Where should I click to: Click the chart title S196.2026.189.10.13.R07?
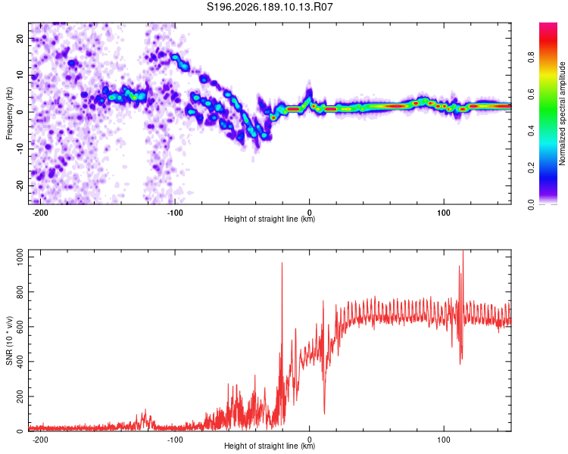[270, 7]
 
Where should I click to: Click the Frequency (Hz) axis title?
[9, 113]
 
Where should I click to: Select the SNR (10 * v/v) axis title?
[9, 340]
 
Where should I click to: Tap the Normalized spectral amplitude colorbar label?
[562, 113]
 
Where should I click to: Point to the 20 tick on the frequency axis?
[20, 38]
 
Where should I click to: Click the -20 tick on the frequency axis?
[20, 185]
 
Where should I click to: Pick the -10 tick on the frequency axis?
[20, 149]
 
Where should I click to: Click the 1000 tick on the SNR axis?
[20, 257]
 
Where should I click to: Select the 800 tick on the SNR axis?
[20, 292]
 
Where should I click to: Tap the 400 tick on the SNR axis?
[20, 362]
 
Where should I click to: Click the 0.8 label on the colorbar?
[531, 58]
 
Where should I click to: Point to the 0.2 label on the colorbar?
[531, 168]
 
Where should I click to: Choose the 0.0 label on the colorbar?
[531, 204]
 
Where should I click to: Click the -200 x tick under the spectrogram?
[40, 213]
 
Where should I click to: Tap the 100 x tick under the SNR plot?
[444, 440]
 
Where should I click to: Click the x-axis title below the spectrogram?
[270, 219]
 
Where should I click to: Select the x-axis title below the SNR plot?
[270, 446]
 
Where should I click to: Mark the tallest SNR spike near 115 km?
[463, 251]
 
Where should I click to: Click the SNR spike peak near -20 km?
[282, 263]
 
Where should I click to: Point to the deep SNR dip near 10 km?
[324, 413]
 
